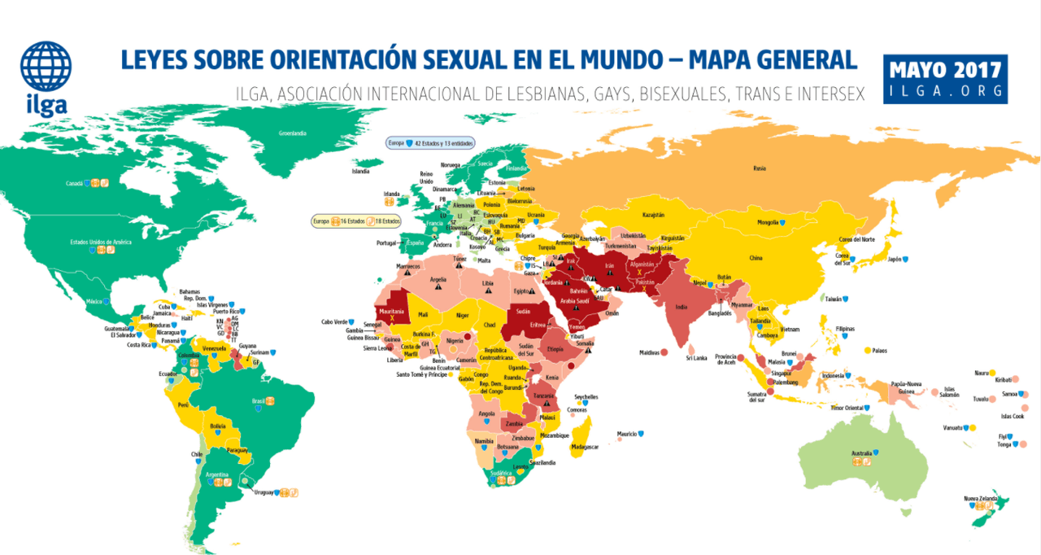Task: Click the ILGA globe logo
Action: (x=46, y=68)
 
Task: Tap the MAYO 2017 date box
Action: (x=945, y=79)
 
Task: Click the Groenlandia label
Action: (x=292, y=133)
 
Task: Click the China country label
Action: (x=756, y=258)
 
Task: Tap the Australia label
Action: (x=861, y=452)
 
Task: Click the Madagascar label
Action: (x=585, y=446)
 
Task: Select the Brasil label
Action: (x=259, y=402)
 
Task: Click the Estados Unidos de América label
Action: (x=101, y=242)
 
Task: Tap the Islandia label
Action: (x=360, y=172)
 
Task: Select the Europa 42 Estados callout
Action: (x=430, y=143)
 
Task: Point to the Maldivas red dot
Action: (x=664, y=352)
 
